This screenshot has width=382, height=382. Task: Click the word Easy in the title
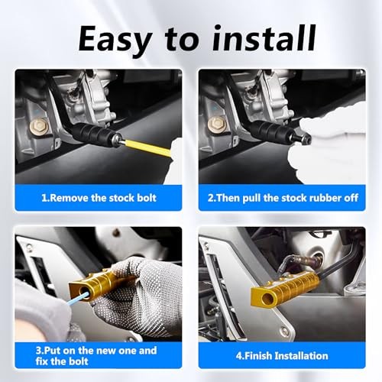click(x=115, y=40)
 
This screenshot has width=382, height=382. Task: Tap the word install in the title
click(x=264, y=38)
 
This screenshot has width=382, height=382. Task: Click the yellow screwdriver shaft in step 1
click(x=147, y=147)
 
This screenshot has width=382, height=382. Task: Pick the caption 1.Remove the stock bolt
click(x=99, y=198)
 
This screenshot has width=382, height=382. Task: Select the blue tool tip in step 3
click(x=78, y=299)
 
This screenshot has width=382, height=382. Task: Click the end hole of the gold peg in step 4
click(x=267, y=297)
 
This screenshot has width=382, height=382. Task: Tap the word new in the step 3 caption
click(x=107, y=351)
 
